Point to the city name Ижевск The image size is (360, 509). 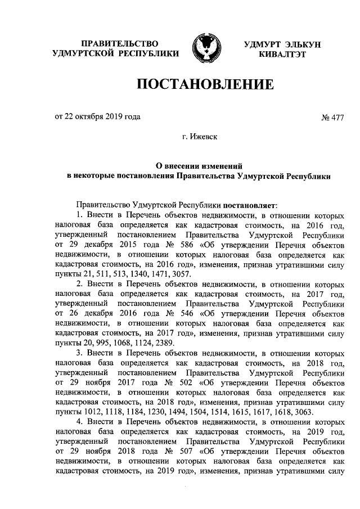[205, 136]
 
